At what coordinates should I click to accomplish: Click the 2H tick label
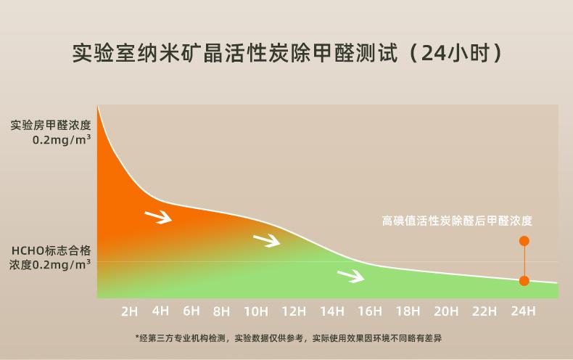tap(129, 311)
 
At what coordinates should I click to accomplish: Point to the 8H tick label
tap(222, 311)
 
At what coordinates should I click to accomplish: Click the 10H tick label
tap(255, 311)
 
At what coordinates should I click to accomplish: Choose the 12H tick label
tap(294, 311)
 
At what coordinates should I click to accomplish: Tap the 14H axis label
tap(332, 311)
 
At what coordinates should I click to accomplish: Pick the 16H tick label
tap(370, 311)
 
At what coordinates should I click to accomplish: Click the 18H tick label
tap(408, 311)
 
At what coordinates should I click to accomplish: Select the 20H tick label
tap(446, 311)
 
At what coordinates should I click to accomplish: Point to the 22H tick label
tap(485, 311)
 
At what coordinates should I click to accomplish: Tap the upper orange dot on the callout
tap(524, 241)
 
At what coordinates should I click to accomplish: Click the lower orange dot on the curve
tap(524, 281)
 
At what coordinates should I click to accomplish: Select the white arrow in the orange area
tap(158, 216)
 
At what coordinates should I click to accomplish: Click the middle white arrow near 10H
tap(267, 240)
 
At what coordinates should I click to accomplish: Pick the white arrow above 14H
tap(351, 275)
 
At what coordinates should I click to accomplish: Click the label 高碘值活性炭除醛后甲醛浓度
tap(457, 221)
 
